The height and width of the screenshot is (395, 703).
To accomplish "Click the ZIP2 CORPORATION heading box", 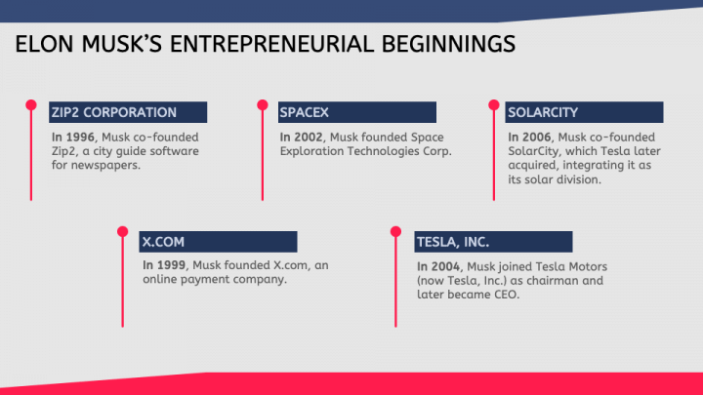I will [128, 112].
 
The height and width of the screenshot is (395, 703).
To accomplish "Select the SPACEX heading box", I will [355, 112].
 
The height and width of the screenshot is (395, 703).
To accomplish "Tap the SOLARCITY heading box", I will [584, 112].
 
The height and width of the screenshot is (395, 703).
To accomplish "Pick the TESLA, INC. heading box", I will [493, 242].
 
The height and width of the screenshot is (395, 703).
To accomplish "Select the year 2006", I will [532, 138].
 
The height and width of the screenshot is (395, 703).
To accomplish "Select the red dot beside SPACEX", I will [263, 103].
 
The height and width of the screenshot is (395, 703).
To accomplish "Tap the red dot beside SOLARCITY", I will [491, 103].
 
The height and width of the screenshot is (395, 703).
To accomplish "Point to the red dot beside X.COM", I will [122, 232].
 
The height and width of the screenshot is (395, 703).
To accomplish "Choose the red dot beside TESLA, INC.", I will [396, 232].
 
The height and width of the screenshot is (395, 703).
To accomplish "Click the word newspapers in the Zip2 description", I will [111, 166].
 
